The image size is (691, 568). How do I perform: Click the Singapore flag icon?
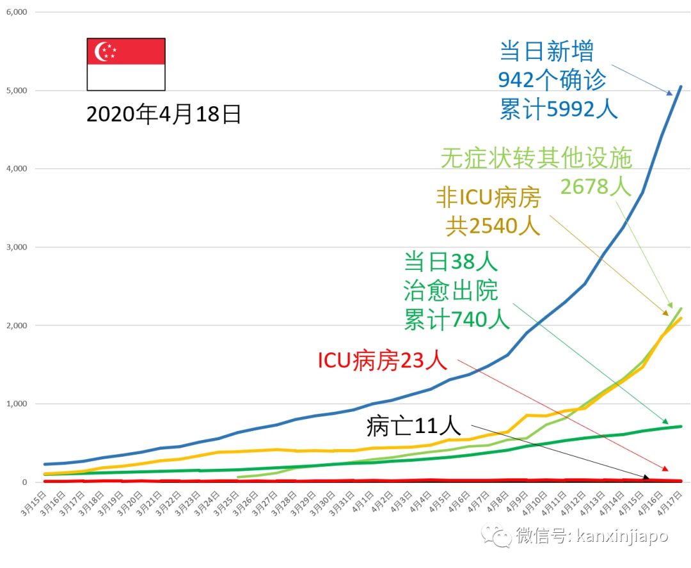[126, 64]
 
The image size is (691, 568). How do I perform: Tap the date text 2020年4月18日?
[164, 114]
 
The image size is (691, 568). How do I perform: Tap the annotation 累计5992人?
[559, 109]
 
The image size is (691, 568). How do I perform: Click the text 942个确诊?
[552, 80]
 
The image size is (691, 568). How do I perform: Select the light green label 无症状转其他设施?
[536, 158]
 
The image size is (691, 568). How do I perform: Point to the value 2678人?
[596, 186]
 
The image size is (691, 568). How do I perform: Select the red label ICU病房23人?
[383, 361]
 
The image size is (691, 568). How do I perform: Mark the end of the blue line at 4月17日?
[680, 86]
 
